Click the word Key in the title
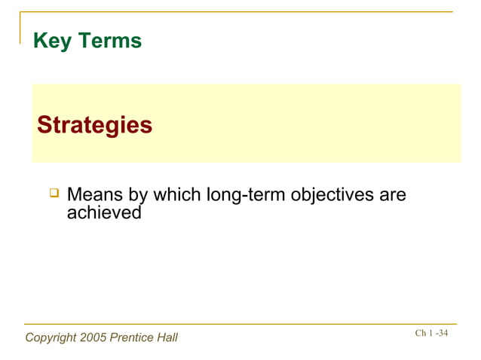tap(51, 41)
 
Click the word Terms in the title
tap(108, 41)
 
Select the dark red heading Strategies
tap(95, 124)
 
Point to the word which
tap(177, 195)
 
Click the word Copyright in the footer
tap(51, 337)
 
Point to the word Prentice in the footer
tap(131, 337)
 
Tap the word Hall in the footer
tap(166, 337)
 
